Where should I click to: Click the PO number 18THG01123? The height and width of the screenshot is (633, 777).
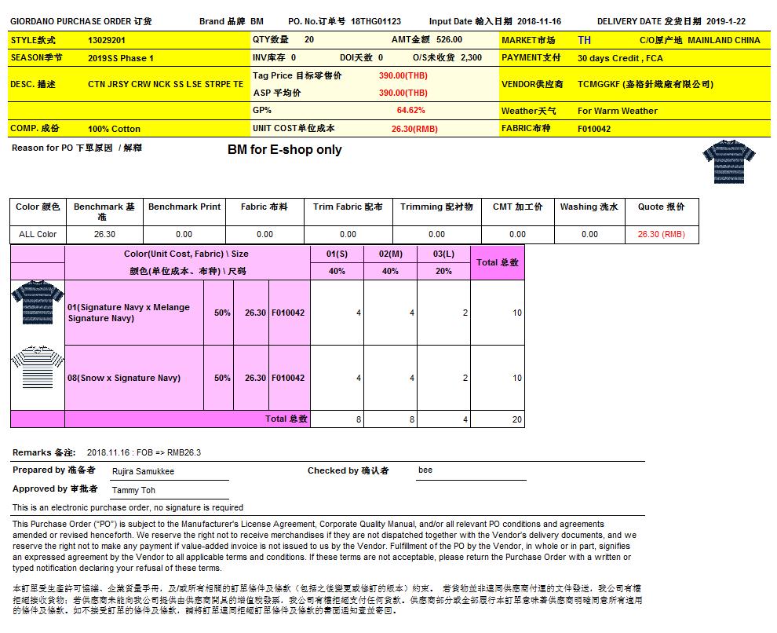point(376,21)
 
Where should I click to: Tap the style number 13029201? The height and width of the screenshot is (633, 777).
point(108,40)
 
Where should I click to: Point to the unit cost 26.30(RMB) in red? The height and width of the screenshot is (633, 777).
point(414,129)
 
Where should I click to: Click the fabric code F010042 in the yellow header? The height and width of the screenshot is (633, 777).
point(593,129)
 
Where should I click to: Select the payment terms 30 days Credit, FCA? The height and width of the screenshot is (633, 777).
point(619,58)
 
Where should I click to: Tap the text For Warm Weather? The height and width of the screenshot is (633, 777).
point(617,111)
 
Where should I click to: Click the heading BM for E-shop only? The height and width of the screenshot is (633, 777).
point(284,149)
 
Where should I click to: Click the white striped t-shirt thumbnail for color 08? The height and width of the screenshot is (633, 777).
point(37,367)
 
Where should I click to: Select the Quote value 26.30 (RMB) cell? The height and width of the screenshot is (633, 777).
point(661,234)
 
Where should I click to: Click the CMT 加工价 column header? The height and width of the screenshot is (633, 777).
point(517,207)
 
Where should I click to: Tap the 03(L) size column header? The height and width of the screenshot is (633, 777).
point(443,254)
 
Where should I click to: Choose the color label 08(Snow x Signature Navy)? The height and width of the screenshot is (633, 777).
point(124,378)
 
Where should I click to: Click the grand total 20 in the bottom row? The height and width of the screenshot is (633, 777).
point(516,419)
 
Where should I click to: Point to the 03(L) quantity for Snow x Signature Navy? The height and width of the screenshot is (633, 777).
point(465,378)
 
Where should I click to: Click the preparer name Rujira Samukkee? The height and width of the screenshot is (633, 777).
point(143,471)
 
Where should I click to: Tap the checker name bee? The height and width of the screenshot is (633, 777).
point(425,470)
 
